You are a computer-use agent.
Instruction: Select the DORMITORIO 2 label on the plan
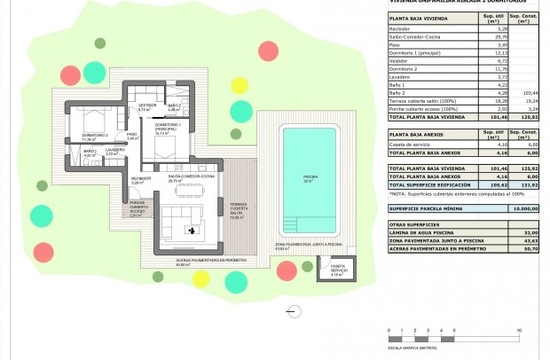(x=95, y=136)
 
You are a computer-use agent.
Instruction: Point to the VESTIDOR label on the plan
(x=146, y=106)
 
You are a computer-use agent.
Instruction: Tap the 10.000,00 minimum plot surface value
(x=522, y=208)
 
